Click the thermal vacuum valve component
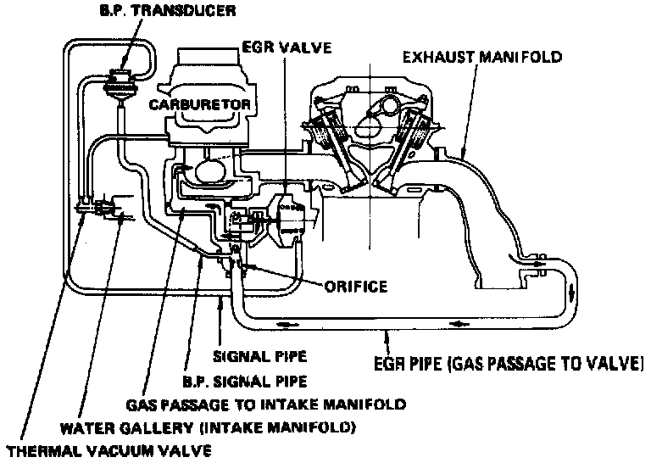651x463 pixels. pos(95,206)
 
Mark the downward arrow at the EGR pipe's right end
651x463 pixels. pos(573,291)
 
